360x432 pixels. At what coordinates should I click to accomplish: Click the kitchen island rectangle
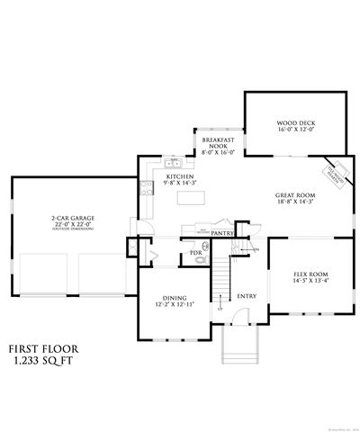coord(191,197)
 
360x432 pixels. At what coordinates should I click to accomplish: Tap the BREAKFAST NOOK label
coord(218,144)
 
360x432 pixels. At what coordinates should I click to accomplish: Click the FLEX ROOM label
coord(310,274)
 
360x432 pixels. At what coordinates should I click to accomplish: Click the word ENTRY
coord(246,296)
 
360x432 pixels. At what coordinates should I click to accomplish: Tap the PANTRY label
coord(223,233)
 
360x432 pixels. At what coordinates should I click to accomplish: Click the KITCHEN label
coord(175,177)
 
